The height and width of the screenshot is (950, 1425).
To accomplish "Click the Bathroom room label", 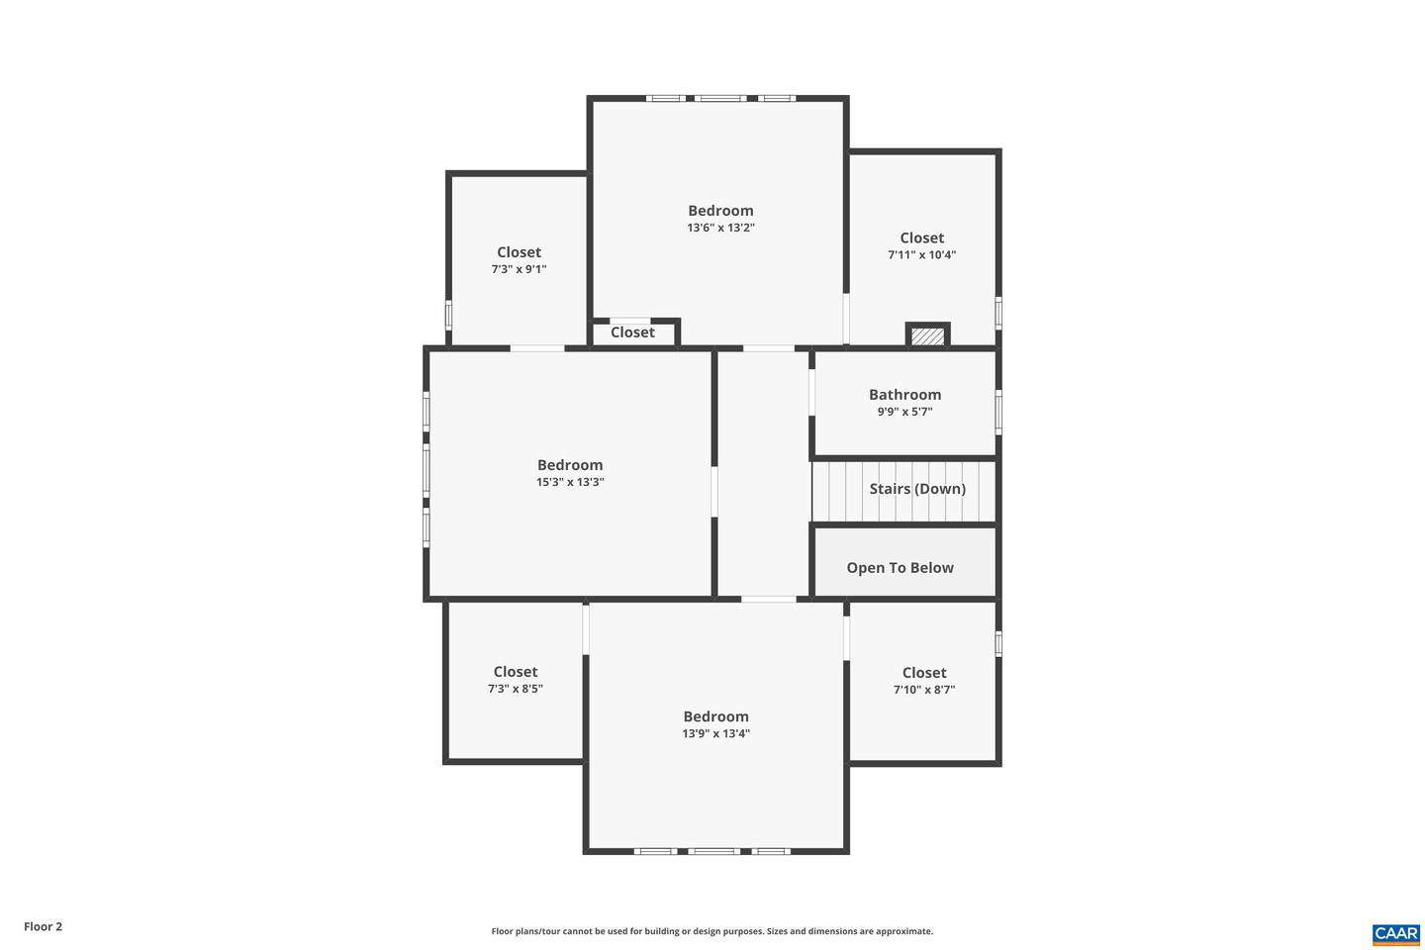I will click(x=904, y=395).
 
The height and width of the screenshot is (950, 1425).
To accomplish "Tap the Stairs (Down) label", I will click(x=917, y=489).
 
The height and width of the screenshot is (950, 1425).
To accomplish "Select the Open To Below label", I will click(x=900, y=568).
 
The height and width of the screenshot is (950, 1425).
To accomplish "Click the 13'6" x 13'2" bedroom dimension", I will click(x=720, y=228).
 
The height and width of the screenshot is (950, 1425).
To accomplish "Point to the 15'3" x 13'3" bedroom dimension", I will click(x=570, y=483).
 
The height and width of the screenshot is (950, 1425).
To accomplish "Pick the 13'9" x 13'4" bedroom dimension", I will click(x=715, y=734).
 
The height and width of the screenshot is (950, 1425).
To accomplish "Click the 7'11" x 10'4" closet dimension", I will click(x=921, y=255).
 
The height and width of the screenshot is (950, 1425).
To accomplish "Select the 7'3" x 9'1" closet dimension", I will click(x=519, y=269).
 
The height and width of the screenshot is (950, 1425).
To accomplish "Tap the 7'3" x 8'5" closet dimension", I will click(x=515, y=689).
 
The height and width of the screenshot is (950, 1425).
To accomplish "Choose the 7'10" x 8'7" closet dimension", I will click(x=923, y=690).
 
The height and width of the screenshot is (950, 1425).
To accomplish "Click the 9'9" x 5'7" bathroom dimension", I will click(x=904, y=412).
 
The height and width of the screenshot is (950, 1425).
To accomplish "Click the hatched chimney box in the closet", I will click(x=927, y=336).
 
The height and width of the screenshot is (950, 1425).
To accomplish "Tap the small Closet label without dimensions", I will click(x=632, y=332).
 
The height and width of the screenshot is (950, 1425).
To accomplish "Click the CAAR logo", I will click(x=1395, y=933).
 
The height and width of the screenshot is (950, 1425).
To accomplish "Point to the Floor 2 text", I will click(x=44, y=927).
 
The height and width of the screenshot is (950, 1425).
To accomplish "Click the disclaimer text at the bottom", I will click(x=712, y=931).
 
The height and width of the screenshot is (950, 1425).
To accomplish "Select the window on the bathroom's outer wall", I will click(x=998, y=412).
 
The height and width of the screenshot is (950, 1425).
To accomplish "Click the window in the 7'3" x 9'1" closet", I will click(x=448, y=316).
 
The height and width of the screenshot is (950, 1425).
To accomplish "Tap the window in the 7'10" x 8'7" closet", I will click(x=998, y=643).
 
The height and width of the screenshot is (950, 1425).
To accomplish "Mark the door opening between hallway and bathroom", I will click(x=811, y=392).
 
